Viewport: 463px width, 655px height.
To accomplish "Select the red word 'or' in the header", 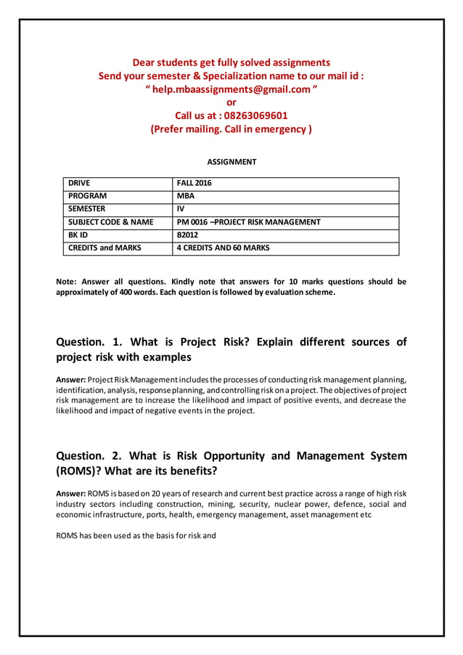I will (x=231, y=102).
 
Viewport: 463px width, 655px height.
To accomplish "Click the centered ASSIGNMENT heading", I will (x=231, y=162).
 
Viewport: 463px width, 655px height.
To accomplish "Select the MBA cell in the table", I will (x=186, y=196).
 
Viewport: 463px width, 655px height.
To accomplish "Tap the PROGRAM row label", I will (x=87, y=196).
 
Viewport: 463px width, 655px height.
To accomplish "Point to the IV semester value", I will (x=181, y=209).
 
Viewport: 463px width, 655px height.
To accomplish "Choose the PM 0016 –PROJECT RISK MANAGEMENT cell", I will (x=249, y=222).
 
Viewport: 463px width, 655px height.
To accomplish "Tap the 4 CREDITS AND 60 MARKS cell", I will (x=224, y=248).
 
